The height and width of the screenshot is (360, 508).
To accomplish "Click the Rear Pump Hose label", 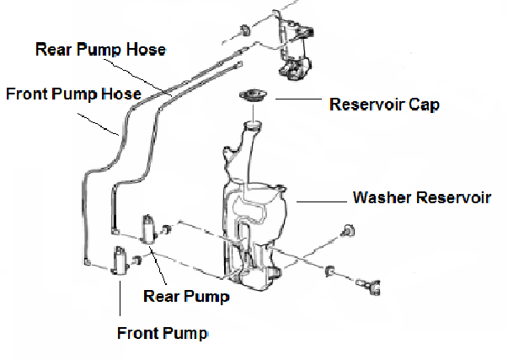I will pyautogui.click(x=100, y=49).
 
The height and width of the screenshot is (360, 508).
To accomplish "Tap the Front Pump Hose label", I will pyautogui.click(x=73, y=93).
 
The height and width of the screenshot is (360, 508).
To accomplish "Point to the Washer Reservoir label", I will pyautogui.click(x=420, y=199).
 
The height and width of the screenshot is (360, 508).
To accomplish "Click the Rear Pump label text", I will pyautogui.click(x=186, y=296).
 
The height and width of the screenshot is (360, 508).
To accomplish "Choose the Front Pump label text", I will pyautogui.click(x=162, y=332).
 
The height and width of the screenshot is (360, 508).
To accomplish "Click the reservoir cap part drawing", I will pyautogui.click(x=254, y=95).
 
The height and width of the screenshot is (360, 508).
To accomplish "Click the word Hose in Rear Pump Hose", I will pyautogui.click(x=148, y=49).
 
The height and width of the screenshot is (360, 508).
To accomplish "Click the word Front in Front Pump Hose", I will pyautogui.click(x=25, y=93).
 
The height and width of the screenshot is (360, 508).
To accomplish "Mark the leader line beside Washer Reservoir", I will pyautogui.click(x=319, y=201).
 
